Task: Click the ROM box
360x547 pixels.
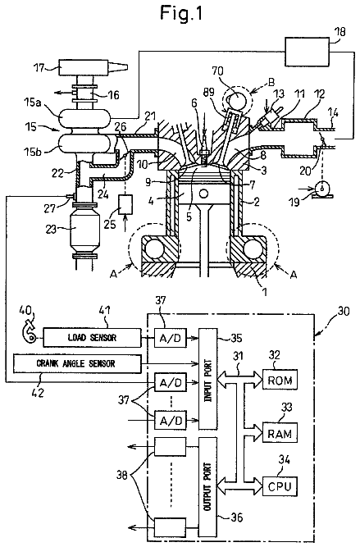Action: (280, 380)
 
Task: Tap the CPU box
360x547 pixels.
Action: (280, 485)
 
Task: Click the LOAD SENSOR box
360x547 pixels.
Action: (92, 337)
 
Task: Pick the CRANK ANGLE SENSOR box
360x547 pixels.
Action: (77, 364)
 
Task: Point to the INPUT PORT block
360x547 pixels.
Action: (208, 379)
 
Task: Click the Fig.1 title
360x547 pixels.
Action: (181, 13)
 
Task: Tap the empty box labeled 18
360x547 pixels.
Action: (308, 52)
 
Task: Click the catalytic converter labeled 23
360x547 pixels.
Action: (84, 231)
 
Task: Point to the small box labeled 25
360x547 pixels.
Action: (125, 204)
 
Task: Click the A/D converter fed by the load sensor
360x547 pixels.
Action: (171, 337)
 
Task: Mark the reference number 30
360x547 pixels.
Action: (344, 311)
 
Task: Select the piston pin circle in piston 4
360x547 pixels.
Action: (203, 193)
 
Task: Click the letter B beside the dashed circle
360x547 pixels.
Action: (271, 82)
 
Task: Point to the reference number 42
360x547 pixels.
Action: (38, 393)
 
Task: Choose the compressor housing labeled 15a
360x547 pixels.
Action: (84, 117)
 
